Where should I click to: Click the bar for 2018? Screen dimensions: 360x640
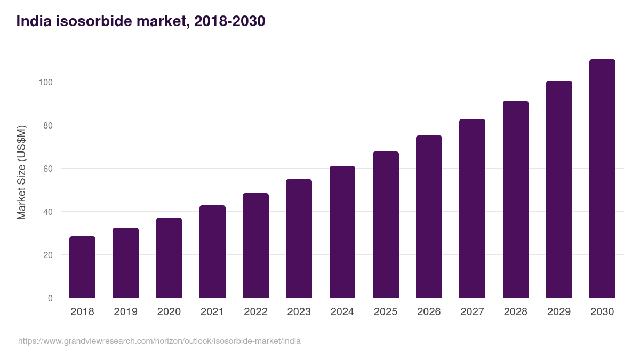82,267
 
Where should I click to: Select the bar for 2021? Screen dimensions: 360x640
212,252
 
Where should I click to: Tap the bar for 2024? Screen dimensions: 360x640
342,232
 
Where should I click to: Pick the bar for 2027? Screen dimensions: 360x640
472,209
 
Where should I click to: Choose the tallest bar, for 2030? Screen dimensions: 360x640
602,179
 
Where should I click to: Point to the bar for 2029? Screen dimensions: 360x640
559,189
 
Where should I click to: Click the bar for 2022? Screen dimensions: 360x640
255,245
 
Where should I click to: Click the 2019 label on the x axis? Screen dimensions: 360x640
125,312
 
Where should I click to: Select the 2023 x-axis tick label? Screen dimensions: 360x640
299,312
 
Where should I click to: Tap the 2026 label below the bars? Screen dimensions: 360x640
429,312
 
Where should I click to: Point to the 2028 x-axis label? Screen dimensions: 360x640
515,312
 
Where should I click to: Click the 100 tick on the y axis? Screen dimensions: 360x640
45,82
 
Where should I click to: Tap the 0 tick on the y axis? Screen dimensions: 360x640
50,298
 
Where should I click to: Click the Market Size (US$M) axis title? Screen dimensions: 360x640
21,173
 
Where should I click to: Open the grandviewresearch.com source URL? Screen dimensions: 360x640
159,341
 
